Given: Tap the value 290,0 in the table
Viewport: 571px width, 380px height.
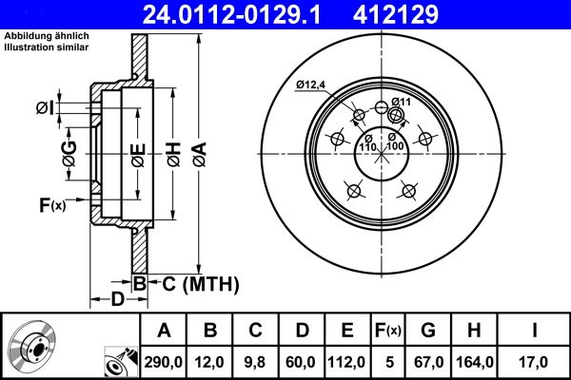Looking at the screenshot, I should [164, 360].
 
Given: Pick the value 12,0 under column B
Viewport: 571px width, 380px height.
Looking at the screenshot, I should [211, 360].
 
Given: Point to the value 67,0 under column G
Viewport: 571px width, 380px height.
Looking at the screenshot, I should [427, 360].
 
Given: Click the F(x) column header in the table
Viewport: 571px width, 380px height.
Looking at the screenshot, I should [388, 331].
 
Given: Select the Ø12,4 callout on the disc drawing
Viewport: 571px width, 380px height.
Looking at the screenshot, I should [311, 85].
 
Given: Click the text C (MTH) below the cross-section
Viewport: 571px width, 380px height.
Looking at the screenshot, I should [195, 283].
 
